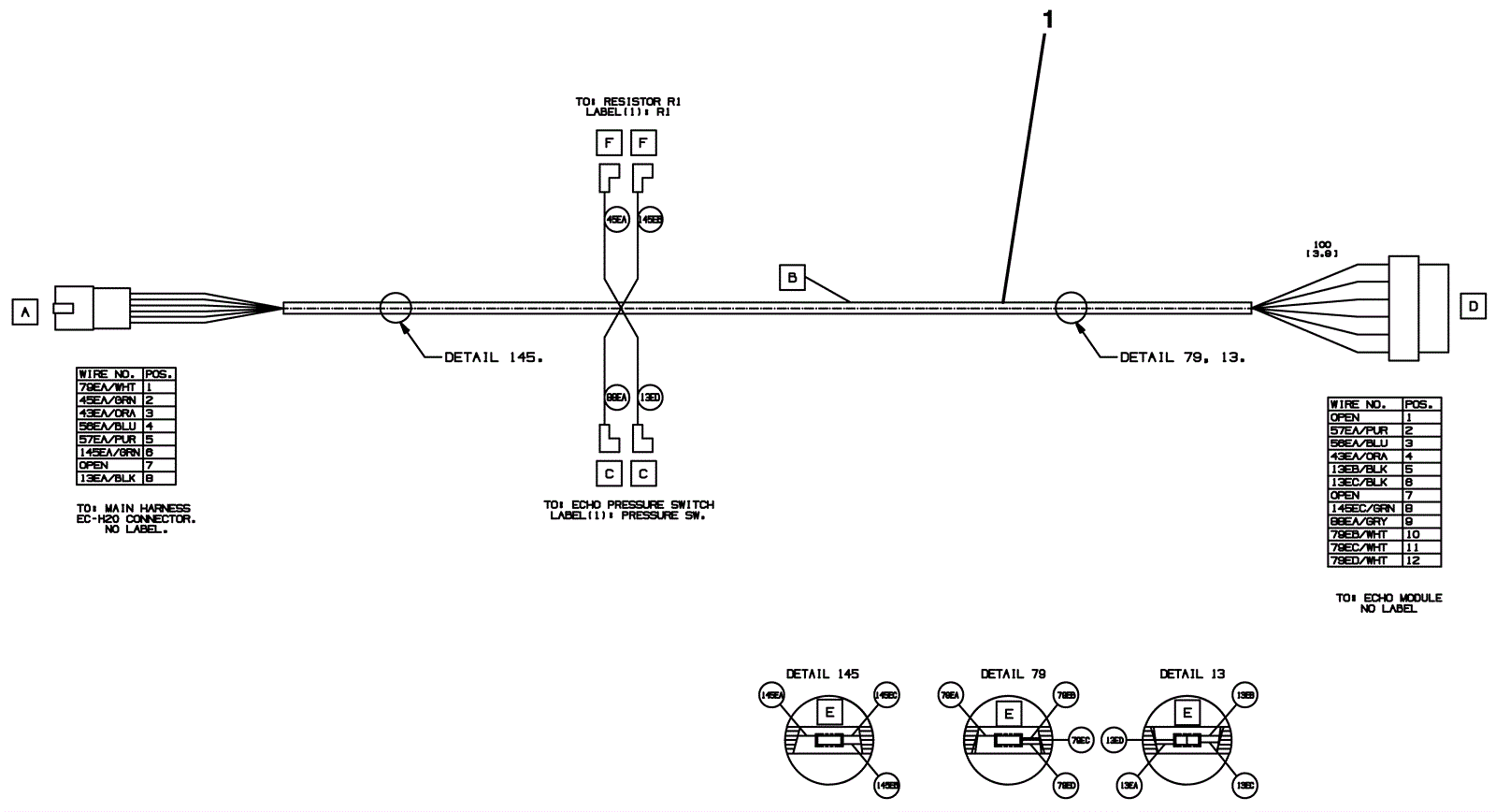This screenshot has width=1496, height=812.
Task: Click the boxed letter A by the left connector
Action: (25, 312)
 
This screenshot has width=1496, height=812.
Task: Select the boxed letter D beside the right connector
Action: (1473, 306)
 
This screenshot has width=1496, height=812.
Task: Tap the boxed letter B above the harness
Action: (792, 278)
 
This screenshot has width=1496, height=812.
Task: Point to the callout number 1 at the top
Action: (1047, 19)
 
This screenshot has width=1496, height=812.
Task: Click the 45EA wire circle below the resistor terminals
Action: (617, 220)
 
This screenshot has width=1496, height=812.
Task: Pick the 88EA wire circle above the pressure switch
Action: (616, 397)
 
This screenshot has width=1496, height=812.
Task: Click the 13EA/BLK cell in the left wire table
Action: (109, 478)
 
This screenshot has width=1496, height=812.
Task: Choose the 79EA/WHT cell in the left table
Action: (109, 386)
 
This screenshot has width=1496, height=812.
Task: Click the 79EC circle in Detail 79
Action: (1080, 740)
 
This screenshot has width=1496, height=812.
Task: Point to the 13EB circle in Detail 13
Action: (1244, 695)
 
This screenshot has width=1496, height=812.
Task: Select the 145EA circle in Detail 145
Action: (771, 695)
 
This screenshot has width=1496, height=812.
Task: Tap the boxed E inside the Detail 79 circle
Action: (1008, 714)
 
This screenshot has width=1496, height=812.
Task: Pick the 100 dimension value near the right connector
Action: (1322, 244)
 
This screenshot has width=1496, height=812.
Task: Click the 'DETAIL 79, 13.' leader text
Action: (1183, 356)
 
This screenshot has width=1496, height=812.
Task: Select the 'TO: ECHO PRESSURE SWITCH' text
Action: (628, 505)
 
